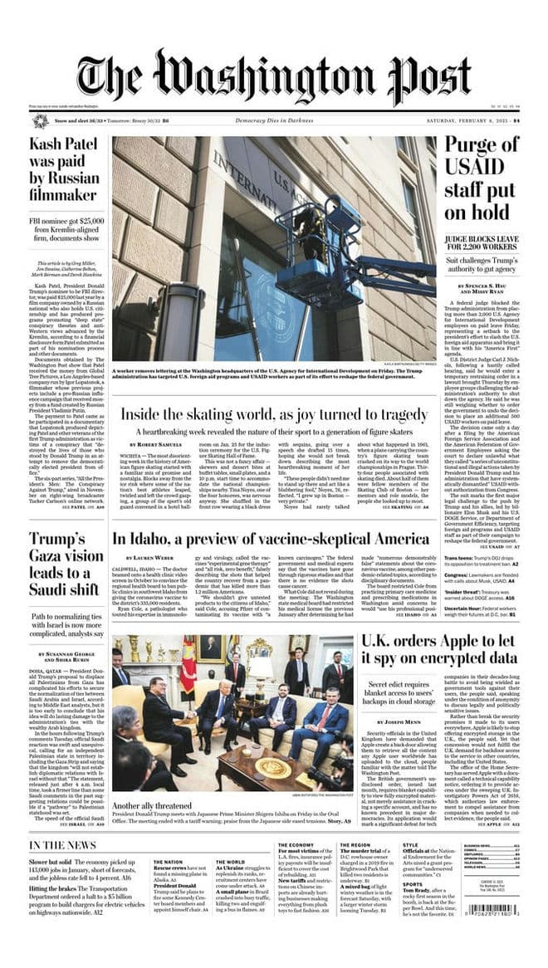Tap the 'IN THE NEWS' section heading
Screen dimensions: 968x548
pyautogui.click(x=62, y=845)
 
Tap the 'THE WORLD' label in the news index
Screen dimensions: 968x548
pyautogui.click(x=230, y=862)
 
